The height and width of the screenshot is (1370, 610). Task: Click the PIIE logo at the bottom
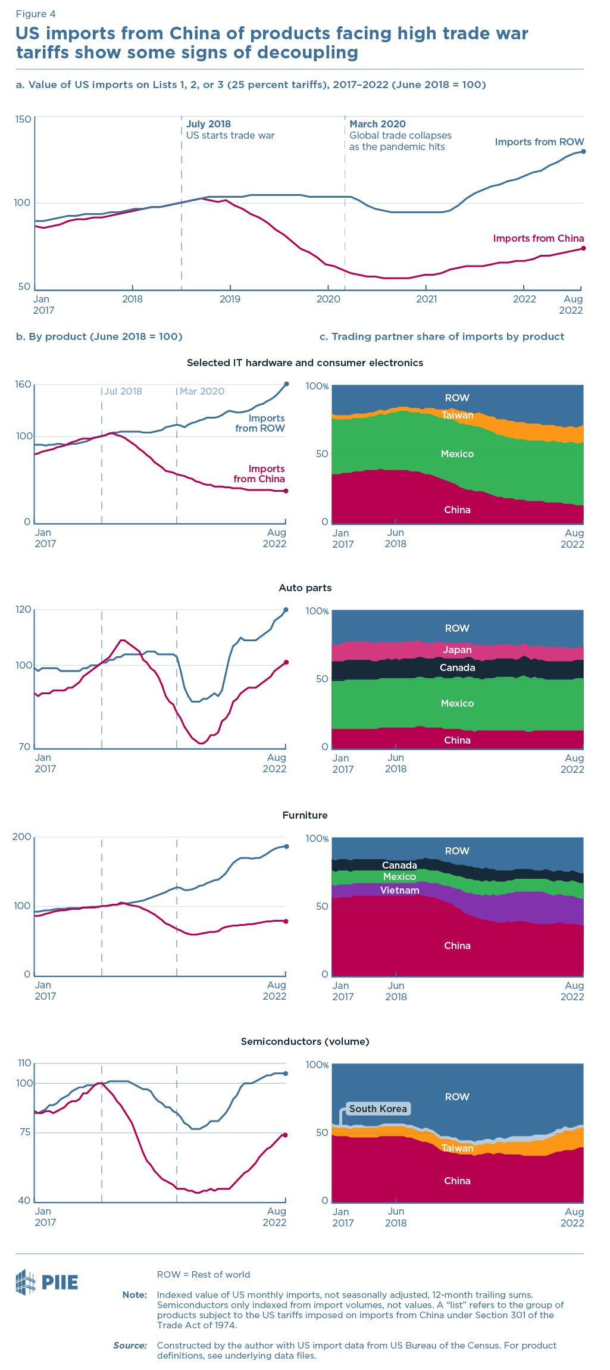pyautogui.click(x=47, y=1282)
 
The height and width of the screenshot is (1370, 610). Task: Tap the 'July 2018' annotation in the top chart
pyautogui.click(x=208, y=124)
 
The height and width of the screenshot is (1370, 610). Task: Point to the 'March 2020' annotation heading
pyautogui.click(x=377, y=124)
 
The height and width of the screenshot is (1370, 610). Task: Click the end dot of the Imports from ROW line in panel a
pyautogui.click(x=583, y=151)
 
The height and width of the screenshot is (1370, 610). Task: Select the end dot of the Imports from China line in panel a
pyautogui.click(x=583, y=248)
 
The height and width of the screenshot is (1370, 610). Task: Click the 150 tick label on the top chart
pyautogui.click(x=23, y=119)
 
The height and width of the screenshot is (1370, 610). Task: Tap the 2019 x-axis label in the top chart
pyautogui.click(x=230, y=299)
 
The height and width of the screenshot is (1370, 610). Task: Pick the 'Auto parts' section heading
pyautogui.click(x=305, y=588)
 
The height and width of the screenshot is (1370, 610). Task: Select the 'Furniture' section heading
pyautogui.click(x=305, y=815)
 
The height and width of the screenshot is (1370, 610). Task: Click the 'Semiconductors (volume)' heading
pyautogui.click(x=305, y=1041)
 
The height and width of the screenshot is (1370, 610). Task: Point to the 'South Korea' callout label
pyautogui.click(x=378, y=1109)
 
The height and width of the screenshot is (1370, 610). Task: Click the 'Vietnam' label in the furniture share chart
pyautogui.click(x=399, y=890)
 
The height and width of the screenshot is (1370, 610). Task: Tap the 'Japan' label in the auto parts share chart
pyautogui.click(x=457, y=650)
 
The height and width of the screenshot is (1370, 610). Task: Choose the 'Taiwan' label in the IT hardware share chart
pyautogui.click(x=457, y=415)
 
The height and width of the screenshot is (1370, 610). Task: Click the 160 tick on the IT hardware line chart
pyautogui.click(x=23, y=385)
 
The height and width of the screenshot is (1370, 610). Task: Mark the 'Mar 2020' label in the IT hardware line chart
pyautogui.click(x=202, y=391)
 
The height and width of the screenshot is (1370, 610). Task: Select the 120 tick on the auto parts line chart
pyautogui.click(x=23, y=610)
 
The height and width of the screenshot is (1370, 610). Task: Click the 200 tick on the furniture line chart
pyautogui.click(x=22, y=837)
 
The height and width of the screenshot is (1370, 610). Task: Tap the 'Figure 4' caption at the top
pyautogui.click(x=36, y=14)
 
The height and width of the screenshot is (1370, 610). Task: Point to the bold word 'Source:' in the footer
pyautogui.click(x=130, y=1345)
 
